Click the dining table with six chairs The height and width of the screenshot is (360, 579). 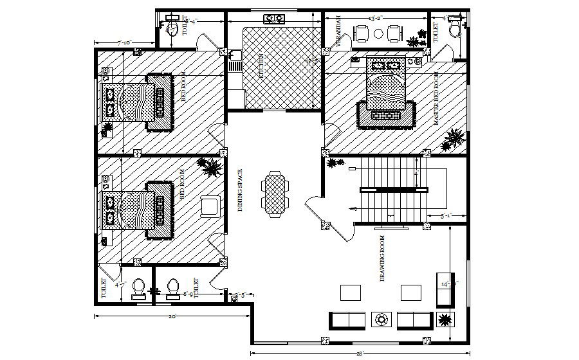click(x=275, y=194)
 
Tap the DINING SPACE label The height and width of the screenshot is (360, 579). click(x=239, y=190)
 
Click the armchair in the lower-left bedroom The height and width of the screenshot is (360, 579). click(x=210, y=205)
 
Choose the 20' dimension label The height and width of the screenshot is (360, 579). click(x=172, y=316)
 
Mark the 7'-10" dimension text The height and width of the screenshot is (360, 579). click(x=124, y=42)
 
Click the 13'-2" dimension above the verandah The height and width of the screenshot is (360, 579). click(x=376, y=18)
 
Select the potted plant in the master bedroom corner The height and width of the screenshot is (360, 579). click(x=455, y=138)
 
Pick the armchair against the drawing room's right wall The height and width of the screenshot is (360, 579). click(x=444, y=289)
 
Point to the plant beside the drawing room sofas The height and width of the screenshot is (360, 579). click(x=445, y=319)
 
